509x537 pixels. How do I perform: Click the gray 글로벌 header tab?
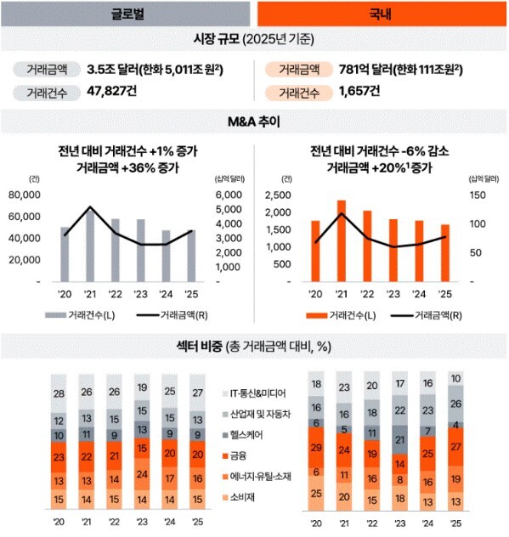[x=127, y=13]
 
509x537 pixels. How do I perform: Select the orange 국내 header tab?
[x=381, y=13]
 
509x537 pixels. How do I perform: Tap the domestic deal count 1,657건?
[x=360, y=93]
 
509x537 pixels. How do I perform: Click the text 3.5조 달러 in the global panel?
[x=116, y=71]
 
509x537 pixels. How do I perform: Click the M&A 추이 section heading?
[x=254, y=122]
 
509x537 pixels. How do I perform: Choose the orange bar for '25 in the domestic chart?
[x=445, y=252]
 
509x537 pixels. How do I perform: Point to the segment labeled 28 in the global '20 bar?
[x=58, y=394]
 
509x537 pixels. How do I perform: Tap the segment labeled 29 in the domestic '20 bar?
[x=317, y=447]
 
